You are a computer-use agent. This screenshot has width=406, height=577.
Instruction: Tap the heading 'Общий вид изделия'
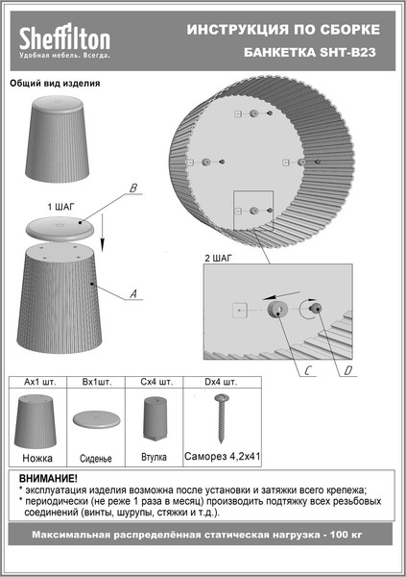pyautogui.click(x=55, y=84)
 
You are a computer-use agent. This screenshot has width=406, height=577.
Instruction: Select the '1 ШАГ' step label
pyautogui.click(x=61, y=207)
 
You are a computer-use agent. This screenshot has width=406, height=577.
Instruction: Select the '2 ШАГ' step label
pyautogui.click(x=219, y=259)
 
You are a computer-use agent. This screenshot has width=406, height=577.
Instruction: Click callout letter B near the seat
pyautogui.click(x=133, y=188)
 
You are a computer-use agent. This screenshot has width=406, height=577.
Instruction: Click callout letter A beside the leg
pyautogui.click(x=133, y=293)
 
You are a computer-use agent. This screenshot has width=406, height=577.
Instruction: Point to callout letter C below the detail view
pyautogui.click(x=308, y=370)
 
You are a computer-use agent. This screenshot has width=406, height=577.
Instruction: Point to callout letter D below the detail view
pyautogui.click(x=348, y=370)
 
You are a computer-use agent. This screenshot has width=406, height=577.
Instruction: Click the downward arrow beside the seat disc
pyautogui.click(x=103, y=233)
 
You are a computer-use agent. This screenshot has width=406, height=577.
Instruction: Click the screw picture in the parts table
pyautogui.click(x=221, y=418)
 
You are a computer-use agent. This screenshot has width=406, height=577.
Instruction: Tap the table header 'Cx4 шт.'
pyautogui.click(x=156, y=382)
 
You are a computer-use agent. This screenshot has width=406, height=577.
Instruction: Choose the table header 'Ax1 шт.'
pyautogui.click(x=40, y=382)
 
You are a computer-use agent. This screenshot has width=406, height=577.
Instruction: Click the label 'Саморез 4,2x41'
pyautogui.click(x=223, y=457)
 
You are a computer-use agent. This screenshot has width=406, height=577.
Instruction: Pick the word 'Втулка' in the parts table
pyautogui.click(x=154, y=458)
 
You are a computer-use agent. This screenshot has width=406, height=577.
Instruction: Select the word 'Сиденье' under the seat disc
pyautogui.click(x=96, y=459)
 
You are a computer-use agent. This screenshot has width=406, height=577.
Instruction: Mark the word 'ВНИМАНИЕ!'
pyautogui.click(x=48, y=479)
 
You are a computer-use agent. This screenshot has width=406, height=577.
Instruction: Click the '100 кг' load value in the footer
pyautogui.click(x=346, y=535)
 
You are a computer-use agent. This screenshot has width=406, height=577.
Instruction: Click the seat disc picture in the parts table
pyautogui.click(x=96, y=419)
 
